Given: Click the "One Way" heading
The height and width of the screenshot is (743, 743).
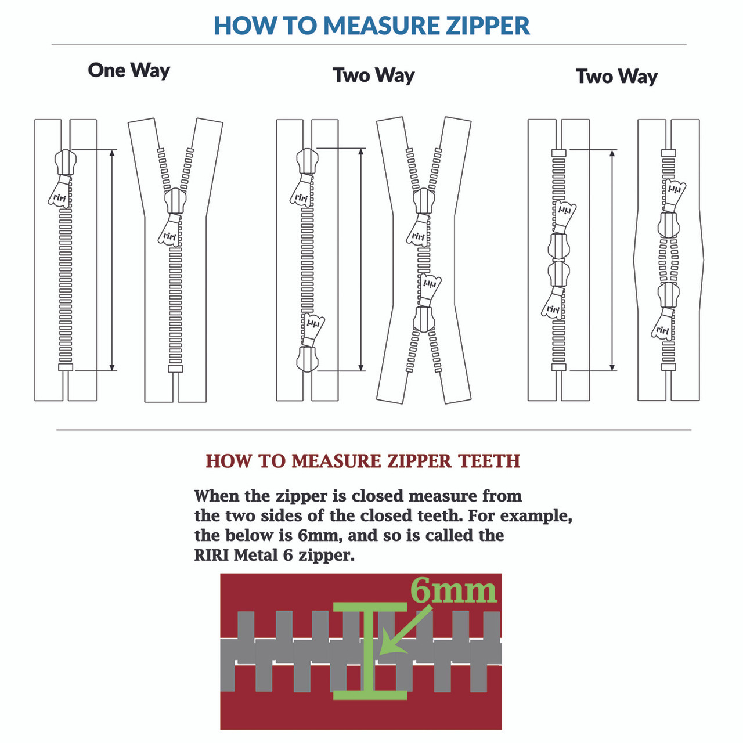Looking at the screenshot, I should (x=129, y=70).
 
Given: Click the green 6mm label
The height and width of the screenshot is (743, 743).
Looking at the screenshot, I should (x=453, y=591).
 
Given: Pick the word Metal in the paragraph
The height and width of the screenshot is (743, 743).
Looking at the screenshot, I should (x=256, y=555).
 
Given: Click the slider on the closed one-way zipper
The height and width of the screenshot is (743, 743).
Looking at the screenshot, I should (x=66, y=162).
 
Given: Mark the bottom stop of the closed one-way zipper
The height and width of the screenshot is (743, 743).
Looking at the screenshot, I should (x=66, y=367).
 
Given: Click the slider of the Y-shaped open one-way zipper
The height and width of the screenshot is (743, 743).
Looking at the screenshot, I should (x=175, y=201).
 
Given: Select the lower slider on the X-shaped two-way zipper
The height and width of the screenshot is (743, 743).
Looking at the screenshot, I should (x=424, y=319).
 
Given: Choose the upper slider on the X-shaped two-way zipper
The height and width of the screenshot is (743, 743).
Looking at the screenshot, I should (x=424, y=201).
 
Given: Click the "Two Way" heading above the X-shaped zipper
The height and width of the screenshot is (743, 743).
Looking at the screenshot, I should (x=374, y=75).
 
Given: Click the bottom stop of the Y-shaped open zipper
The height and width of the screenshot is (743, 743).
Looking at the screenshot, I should (x=175, y=369).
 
